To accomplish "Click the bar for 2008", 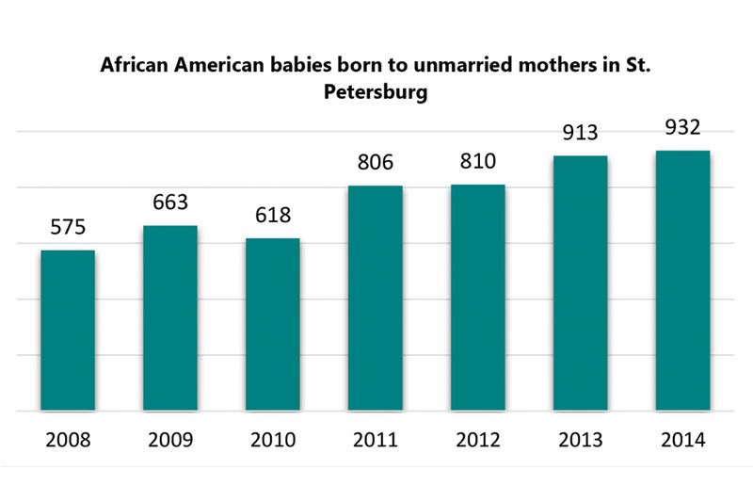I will [x=68, y=330].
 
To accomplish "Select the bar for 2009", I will [x=170, y=317].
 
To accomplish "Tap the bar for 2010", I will [x=273, y=324].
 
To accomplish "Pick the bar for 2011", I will [x=376, y=298].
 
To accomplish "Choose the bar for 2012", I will [x=478, y=297].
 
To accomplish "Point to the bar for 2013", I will [x=581, y=283].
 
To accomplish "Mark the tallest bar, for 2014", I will [x=682, y=280].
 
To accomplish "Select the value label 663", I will [x=170, y=202].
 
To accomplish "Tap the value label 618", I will [x=273, y=216].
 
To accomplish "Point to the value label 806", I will [x=376, y=163].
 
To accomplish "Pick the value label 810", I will [x=478, y=162].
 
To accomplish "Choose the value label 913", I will [x=581, y=133].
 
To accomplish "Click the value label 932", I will [x=682, y=127].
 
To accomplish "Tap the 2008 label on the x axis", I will [x=68, y=440].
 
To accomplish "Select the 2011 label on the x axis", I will [x=376, y=440].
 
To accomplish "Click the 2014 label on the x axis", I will [x=682, y=440].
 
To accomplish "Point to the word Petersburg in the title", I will [x=376, y=94].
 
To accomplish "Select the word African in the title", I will [x=135, y=68].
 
